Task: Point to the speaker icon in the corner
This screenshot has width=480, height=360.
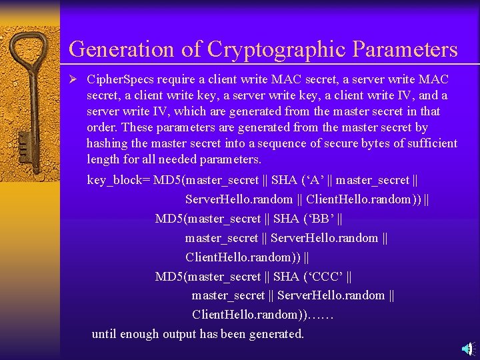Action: pos(469,348)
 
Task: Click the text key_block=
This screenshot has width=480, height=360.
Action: pos(119,181)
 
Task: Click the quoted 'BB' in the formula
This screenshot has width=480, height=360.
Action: pos(319,219)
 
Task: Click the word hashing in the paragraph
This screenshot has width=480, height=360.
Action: pos(108,143)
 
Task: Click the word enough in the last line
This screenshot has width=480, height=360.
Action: pos(139,334)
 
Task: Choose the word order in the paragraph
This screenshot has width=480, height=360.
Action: pos(102,127)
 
